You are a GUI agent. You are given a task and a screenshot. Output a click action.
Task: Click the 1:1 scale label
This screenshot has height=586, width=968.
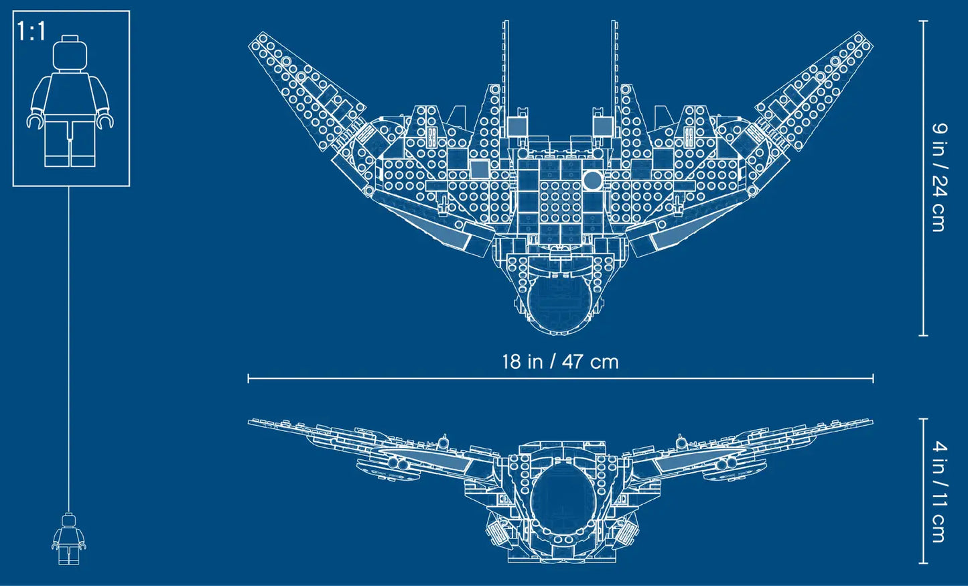31,31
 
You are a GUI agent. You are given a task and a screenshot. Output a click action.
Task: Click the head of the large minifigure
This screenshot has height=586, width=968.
70,53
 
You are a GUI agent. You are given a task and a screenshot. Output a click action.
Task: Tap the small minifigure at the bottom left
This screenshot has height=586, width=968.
68,539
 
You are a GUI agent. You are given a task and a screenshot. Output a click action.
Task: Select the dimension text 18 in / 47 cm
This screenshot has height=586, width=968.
560,361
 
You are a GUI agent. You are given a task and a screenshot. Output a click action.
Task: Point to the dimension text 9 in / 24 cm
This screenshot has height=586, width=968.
939,177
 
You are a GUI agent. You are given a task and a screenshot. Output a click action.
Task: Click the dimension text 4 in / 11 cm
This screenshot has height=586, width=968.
939,491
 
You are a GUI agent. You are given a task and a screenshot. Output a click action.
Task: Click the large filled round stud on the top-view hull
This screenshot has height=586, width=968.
592,180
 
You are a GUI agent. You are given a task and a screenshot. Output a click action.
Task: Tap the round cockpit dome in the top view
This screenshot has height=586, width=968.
559,304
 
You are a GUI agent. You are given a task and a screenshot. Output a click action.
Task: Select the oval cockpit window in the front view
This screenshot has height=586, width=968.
563,500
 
